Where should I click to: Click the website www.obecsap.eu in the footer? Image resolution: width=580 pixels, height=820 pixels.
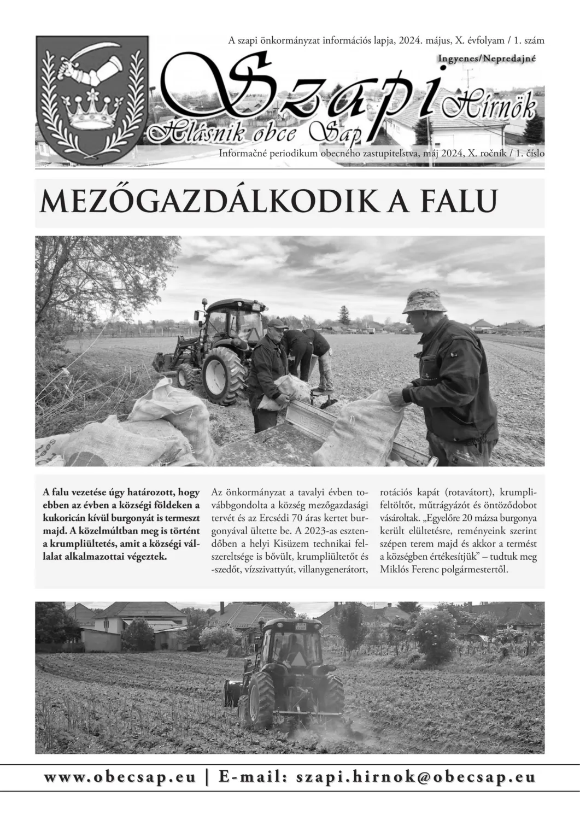tap(120, 777)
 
